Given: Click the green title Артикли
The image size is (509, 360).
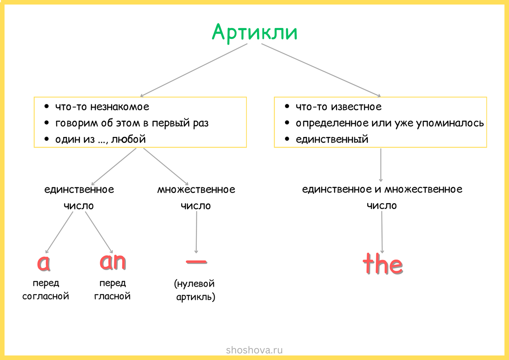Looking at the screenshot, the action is [255, 32].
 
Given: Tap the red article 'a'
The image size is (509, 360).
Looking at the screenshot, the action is [44, 263].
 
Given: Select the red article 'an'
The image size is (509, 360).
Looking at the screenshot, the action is [113, 262].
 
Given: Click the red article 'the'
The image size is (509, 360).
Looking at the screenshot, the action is [383, 264].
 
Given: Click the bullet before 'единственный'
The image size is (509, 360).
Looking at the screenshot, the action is [287, 139].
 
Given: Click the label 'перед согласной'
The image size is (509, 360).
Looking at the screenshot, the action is [45, 290].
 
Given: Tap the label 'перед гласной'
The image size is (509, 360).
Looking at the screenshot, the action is [112, 290].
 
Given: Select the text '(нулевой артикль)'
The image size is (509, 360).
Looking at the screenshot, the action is [196, 290].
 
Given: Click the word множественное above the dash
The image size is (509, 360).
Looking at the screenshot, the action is [196, 190].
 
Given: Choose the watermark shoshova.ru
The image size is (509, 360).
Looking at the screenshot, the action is [255, 350].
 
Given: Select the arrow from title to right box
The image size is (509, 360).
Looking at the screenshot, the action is [321, 70].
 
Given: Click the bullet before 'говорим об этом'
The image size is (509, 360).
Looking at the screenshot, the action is [47, 123].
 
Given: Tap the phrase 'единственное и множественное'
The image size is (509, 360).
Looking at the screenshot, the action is [382, 189].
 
